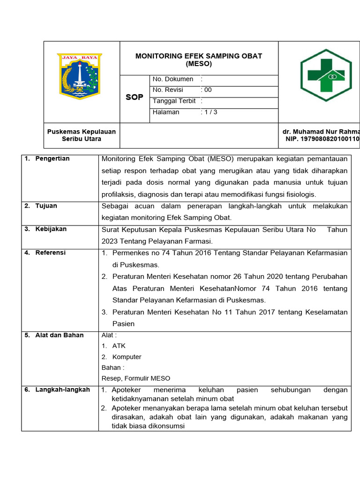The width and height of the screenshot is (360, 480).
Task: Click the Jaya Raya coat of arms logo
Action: (x=79, y=76)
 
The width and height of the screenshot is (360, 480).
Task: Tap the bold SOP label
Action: (x=135, y=97)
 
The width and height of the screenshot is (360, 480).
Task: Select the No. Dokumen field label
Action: (x=172, y=79)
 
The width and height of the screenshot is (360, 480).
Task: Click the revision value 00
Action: (x=207, y=90)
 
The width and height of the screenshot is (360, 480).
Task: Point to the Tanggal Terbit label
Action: (x=174, y=101)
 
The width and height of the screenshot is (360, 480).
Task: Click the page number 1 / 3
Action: (x=210, y=112)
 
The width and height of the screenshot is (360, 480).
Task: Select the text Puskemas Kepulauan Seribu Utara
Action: (x=82, y=135)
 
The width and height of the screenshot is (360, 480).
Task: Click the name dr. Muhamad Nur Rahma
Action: (x=321, y=132)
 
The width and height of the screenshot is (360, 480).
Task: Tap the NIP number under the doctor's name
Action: (x=322, y=139)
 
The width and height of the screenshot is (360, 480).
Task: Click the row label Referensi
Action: (x=51, y=253)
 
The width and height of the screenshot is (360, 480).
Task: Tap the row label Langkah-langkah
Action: (x=62, y=390)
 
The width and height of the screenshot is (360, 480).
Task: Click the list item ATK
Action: (x=119, y=346)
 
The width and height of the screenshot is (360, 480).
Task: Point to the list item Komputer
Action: (x=127, y=357)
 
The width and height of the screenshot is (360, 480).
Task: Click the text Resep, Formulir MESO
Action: (x=136, y=378)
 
